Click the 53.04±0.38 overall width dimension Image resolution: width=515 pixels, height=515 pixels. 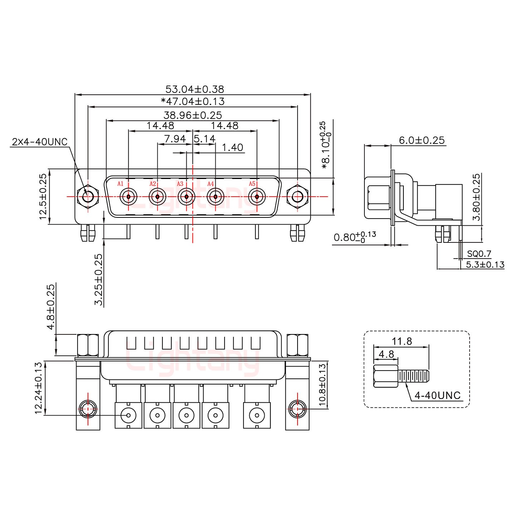pyautogui.click(x=195, y=89)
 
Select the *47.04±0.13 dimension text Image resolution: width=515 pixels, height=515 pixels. pyautogui.click(x=193, y=102)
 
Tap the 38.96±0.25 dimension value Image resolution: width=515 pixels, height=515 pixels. pyautogui.click(x=193, y=115)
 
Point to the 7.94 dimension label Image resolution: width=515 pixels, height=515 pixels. pyautogui.click(x=175, y=139)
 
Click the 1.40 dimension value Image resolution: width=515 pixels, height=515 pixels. pyautogui.click(x=232, y=147)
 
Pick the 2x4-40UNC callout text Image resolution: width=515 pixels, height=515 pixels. pyautogui.click(x=40, y=142)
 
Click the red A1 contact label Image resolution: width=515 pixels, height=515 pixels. pyautogui.click(x=121, y=184)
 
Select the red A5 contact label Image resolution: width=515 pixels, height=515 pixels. pyautogui.click(x=252, y=184)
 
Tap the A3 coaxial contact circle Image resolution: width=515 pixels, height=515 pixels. pyautogui.click(x=186, y=197)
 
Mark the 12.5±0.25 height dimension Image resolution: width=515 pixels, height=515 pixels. pyautogui.click(x=43, y=196)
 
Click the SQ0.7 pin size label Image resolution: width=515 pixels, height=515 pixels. pyautogui.click(x=479, y=254)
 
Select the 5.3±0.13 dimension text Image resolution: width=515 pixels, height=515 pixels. pyautogui.click(x=485, y=265)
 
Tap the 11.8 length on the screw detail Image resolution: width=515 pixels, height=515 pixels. pyautogui.click(x=402, y=341)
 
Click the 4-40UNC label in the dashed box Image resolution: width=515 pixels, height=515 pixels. pyautogui.click(x=437, y=395)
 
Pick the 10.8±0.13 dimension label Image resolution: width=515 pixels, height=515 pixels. pyautogui.click(x=323, y=385)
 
